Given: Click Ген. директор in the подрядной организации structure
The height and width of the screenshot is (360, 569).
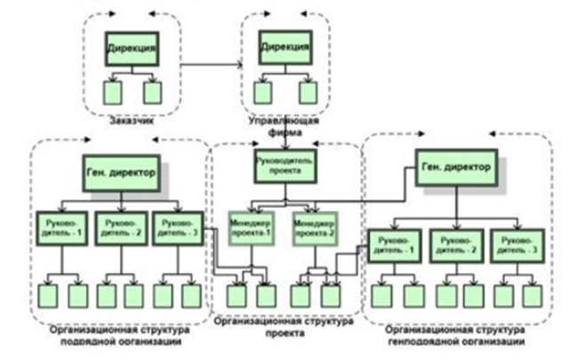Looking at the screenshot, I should pyautogui.click(x=122, y=172).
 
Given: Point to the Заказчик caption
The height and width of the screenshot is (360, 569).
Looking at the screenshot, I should pyautogui.click(x=130, y=116).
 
